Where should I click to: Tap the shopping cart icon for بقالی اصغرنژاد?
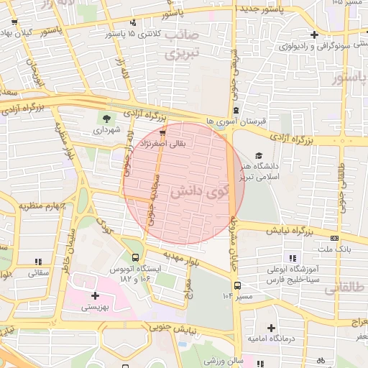point(163,132)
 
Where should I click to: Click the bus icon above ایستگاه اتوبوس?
point(136,257)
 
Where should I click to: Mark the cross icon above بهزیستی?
point(95,295)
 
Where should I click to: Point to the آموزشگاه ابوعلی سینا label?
point(292,272)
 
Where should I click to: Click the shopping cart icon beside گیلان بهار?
point(14,22)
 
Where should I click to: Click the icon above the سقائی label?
point(37,261)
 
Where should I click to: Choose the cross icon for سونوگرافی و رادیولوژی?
point(313,34)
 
